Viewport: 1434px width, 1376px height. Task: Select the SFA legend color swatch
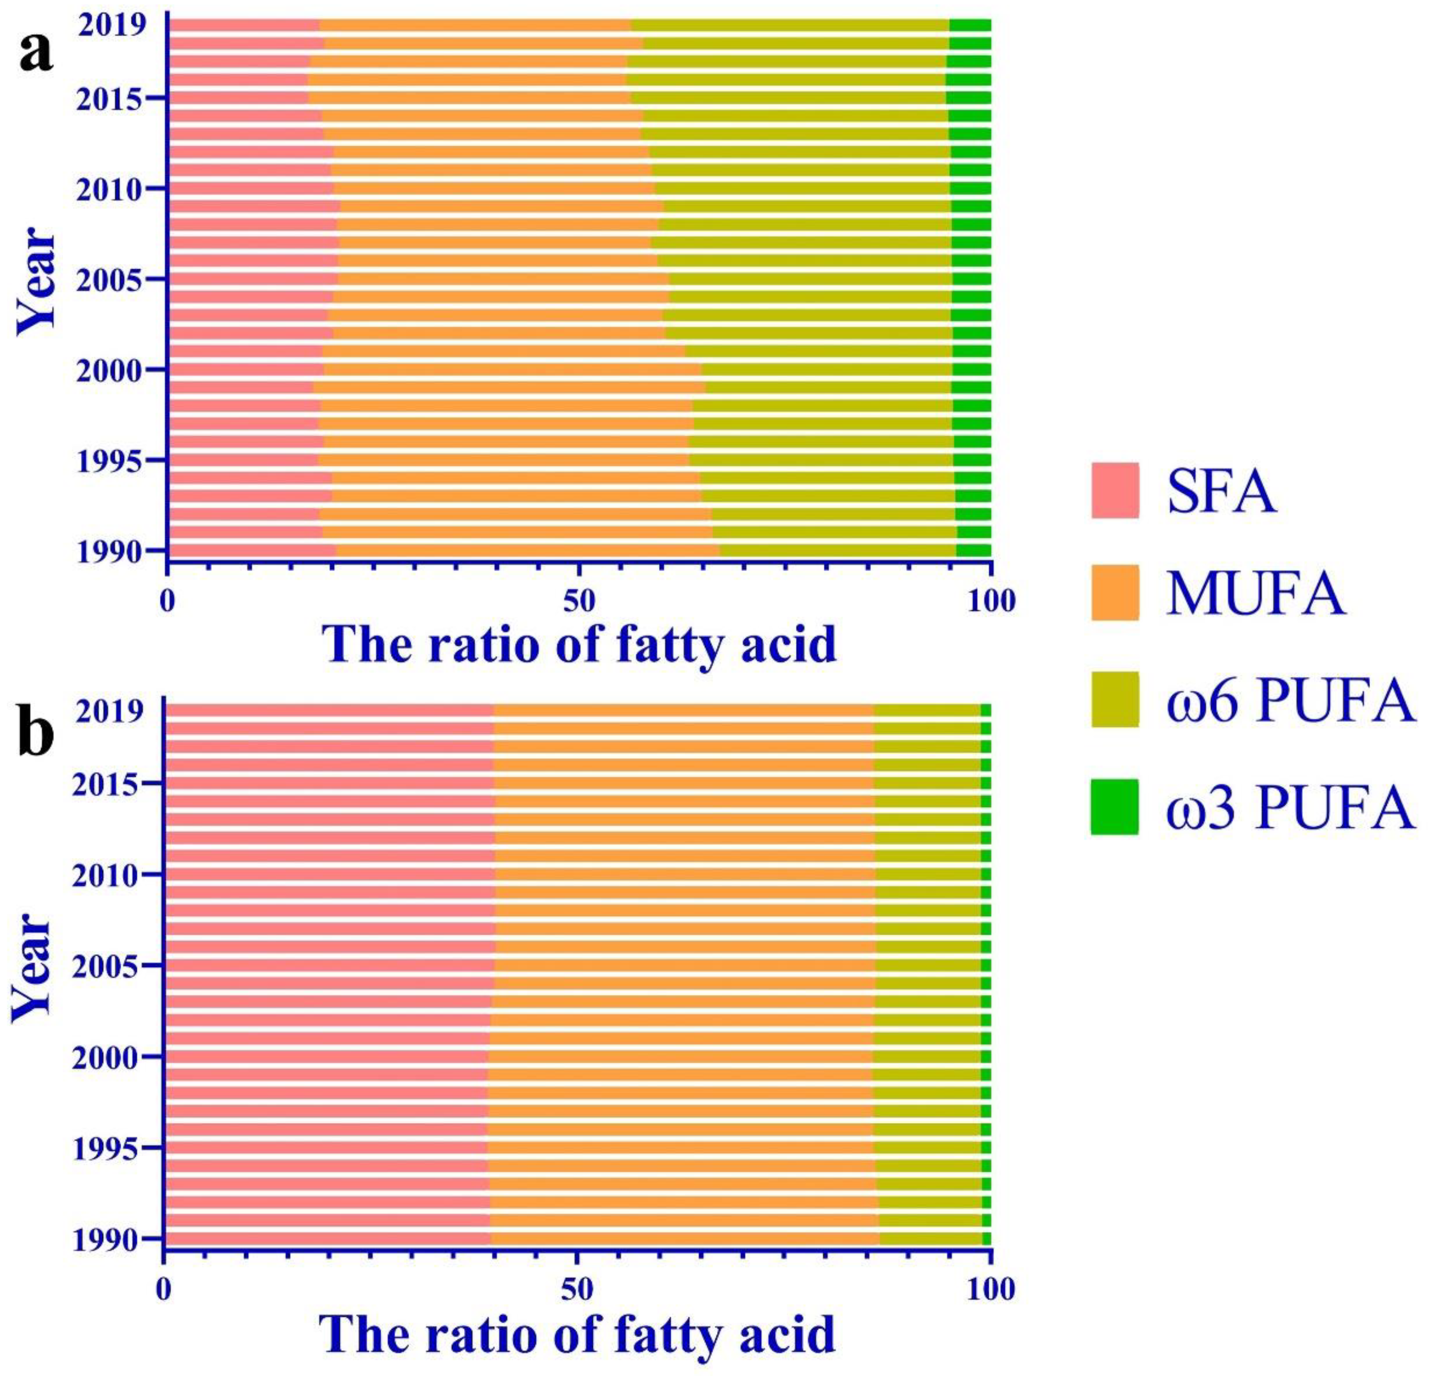1114,490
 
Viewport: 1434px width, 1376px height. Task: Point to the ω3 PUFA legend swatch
1114,807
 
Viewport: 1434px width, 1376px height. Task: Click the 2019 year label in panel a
112,26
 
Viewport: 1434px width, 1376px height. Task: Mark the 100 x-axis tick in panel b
989,1289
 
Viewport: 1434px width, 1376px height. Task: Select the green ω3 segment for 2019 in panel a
970,26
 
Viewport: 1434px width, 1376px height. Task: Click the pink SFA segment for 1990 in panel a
253,550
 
